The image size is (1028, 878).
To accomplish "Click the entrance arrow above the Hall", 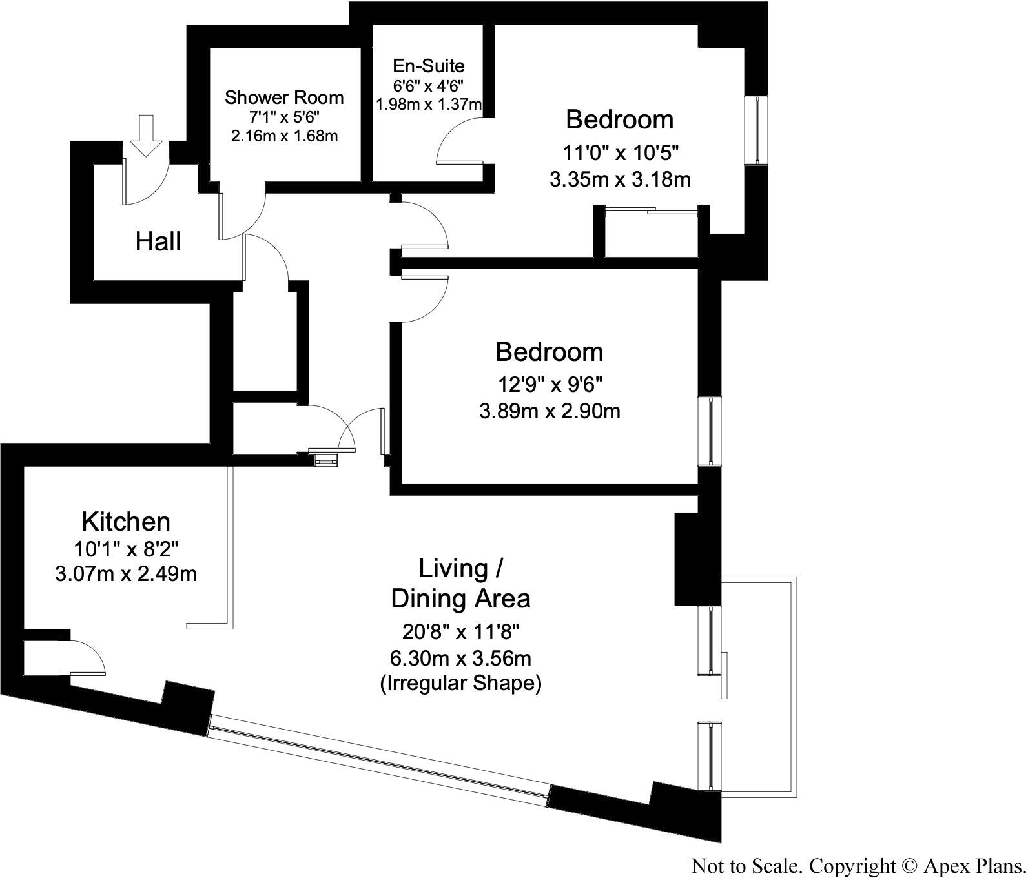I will pyautogui.click(x=147, y=135).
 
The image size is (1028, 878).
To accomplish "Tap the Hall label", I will pyautogui.click(x=158, y=242).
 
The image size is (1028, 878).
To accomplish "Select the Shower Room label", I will pyautogui.click(x=284, y=98).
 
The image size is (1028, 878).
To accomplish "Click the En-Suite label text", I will pyautogui.click(x=429, y=66).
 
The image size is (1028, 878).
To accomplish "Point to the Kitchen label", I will pyautogui.click(x=126, y=522).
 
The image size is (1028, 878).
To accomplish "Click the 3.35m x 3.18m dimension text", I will pyautogui.click(x=620, y=179).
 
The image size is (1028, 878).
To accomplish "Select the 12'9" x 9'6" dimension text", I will pyautogui.click(x=550, y=385).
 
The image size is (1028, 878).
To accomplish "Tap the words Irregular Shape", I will pyautogui.click(x=460, y=683).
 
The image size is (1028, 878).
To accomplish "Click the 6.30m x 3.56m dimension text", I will pyautogui.click(x=460, y=658).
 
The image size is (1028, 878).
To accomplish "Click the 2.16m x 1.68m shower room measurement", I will pyautogui.click(x=284, y=136).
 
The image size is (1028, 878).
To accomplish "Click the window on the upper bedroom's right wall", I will pyautogui.click(x=756, y=130).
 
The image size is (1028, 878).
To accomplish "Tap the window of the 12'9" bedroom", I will pyautogui.click(x=710, y=431).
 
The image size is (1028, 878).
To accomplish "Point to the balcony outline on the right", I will pyautogui.click(x=795, y=684).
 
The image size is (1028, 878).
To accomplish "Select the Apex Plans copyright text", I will pyautogui.click(x=858, y=866).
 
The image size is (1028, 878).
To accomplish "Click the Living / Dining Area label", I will pyautogui.click(x=460, y=584).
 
